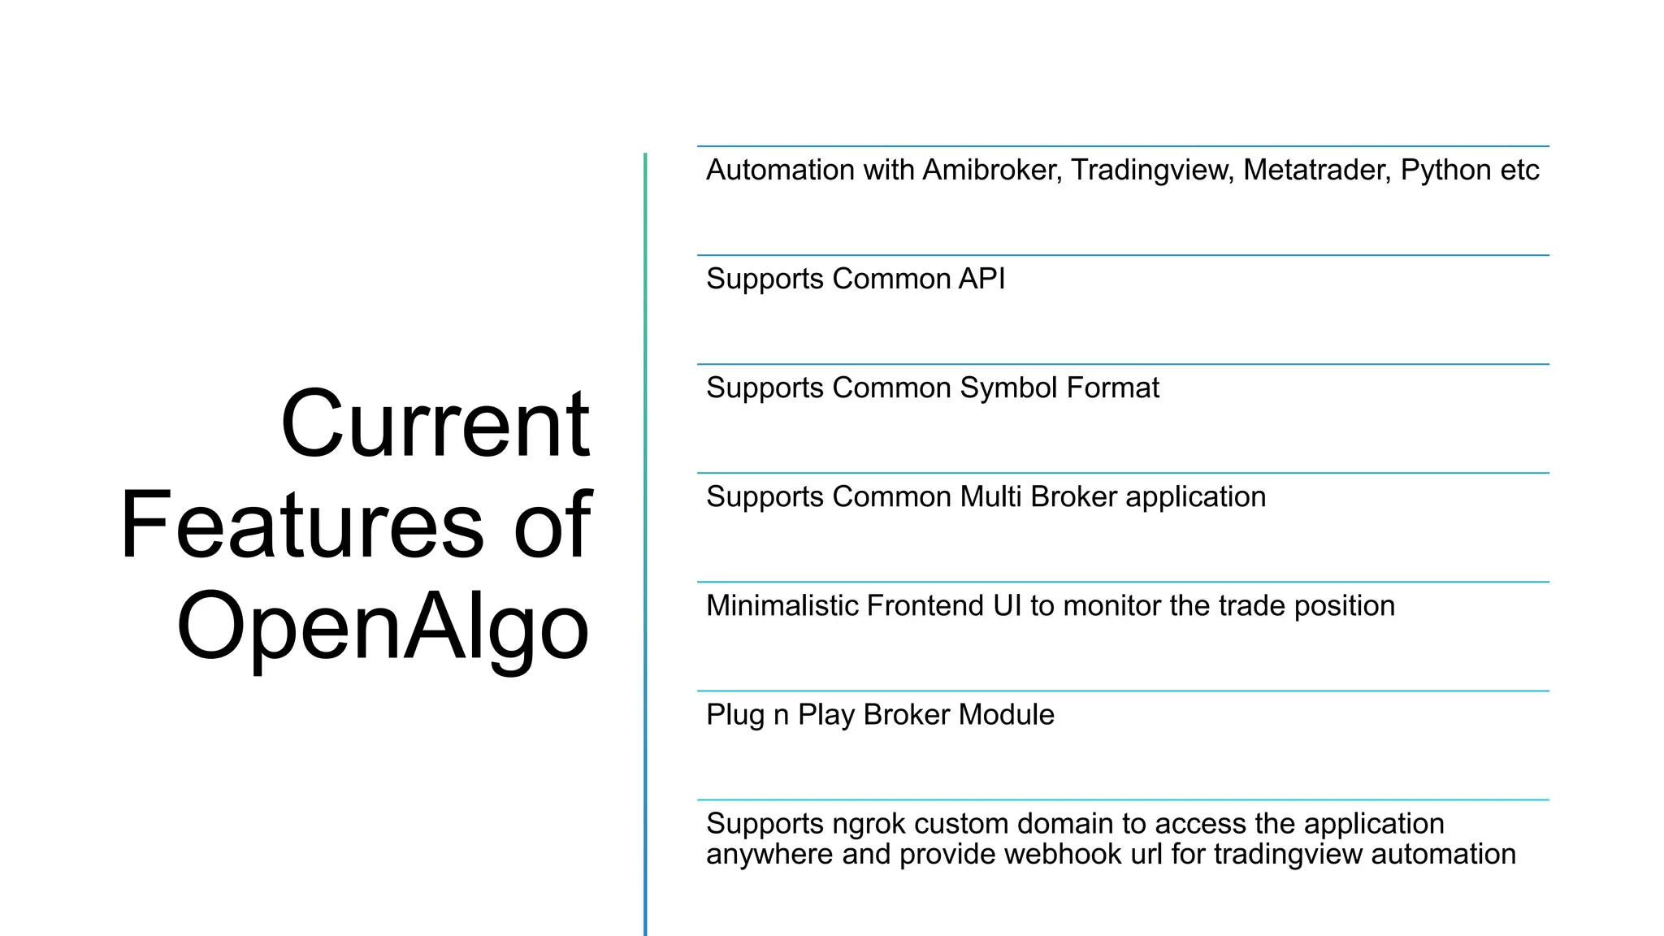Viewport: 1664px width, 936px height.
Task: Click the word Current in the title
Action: [x=435, y=424]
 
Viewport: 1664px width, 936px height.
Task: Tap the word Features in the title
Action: [x=302, y=525]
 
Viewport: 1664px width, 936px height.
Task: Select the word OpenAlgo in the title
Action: [x=383, y=626]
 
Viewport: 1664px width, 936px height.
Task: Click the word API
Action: [x=981, y=279]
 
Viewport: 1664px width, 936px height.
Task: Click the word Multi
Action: [x=990, y=496]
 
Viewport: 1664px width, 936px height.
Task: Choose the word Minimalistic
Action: [x=782, y=605]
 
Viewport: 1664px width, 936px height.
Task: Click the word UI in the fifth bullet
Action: [x=1007, y=605]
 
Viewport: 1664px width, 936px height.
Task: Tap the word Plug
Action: [x=735, y=715]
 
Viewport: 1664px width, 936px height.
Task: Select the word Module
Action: [x=1007, y=714]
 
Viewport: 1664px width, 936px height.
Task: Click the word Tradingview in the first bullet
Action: [x=1152, y=170]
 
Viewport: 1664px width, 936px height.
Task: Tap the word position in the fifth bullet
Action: [x=1345, y=606]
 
